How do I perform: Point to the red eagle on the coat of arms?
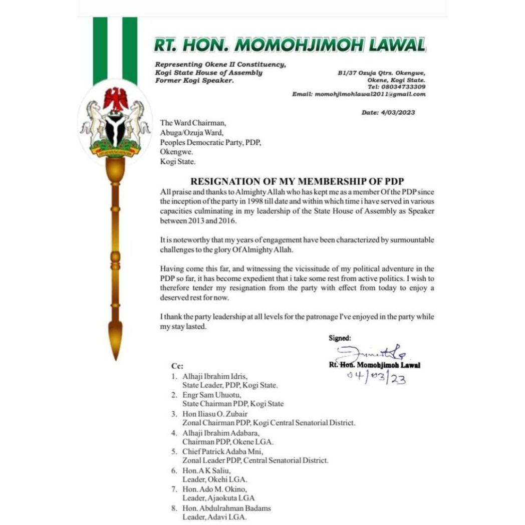tap(116, 99)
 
